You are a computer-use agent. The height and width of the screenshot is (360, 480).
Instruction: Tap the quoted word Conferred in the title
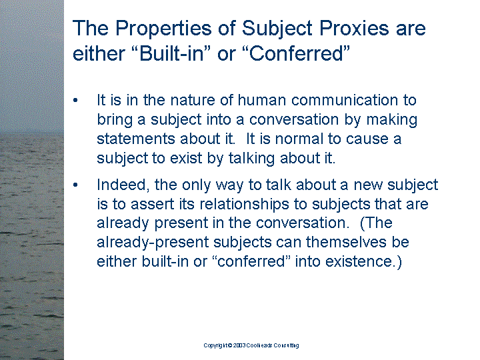point(299,53)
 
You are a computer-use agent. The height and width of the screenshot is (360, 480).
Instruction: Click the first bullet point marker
point(75,100)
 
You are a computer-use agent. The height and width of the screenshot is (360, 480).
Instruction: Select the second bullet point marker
point(75,185)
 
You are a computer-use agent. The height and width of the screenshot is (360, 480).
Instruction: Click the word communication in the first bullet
point(345,100)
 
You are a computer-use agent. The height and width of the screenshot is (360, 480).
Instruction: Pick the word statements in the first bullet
point(136,139)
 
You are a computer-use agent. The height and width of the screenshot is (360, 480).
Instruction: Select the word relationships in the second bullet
point(244,205)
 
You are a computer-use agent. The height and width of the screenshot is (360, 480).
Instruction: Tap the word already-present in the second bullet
point(153,243)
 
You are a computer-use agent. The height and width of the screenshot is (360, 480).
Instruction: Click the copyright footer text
point(251,345)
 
